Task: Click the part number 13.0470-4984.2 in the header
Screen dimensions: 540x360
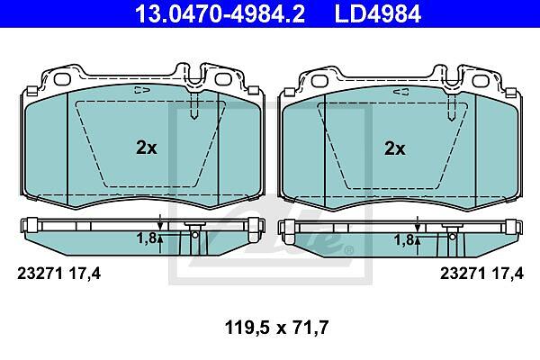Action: [220, 13]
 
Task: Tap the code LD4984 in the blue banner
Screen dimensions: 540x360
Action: [378, 13]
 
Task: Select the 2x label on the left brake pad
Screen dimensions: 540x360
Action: [147, 148]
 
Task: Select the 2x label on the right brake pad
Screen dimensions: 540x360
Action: [395, 148]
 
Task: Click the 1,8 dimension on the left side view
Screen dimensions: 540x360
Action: [147, 238]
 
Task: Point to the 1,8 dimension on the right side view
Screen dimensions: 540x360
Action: [404, 240]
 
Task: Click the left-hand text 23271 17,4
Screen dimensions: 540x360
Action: [58, 274]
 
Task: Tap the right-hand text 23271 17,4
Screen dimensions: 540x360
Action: [481, 274]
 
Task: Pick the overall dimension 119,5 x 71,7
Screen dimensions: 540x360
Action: [276, 328]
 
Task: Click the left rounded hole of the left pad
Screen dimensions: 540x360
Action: [63, 79]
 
